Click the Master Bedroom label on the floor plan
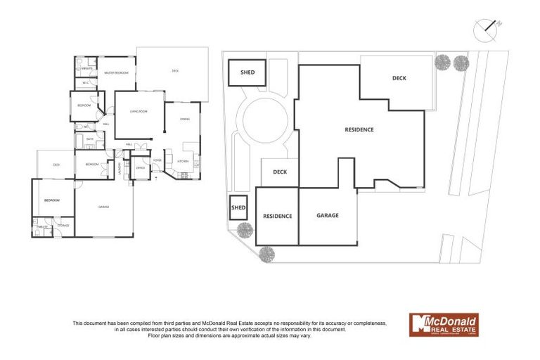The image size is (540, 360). click(x=116, y=72)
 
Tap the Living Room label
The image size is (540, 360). click(x=137, y=111)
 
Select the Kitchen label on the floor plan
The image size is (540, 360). click(x=182, y=161)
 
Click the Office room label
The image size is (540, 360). click(x=140, y=169)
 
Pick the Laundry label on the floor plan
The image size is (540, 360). click(x=120, y=169)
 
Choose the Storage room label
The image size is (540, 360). click(x=63, y=225)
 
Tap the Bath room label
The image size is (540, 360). click(x=90, y=139)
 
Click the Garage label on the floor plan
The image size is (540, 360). click(x=103, y=207)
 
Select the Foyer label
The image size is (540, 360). click(x=157, y=160)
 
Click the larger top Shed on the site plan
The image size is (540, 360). click(x=247, y=72)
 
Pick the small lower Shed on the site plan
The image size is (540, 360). click(x=238, y=207)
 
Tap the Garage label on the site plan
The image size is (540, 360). click(x=328, y=215)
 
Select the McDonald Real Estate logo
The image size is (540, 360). click(x=444, y=324)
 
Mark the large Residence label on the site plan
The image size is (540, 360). click(x=359, y=129)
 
